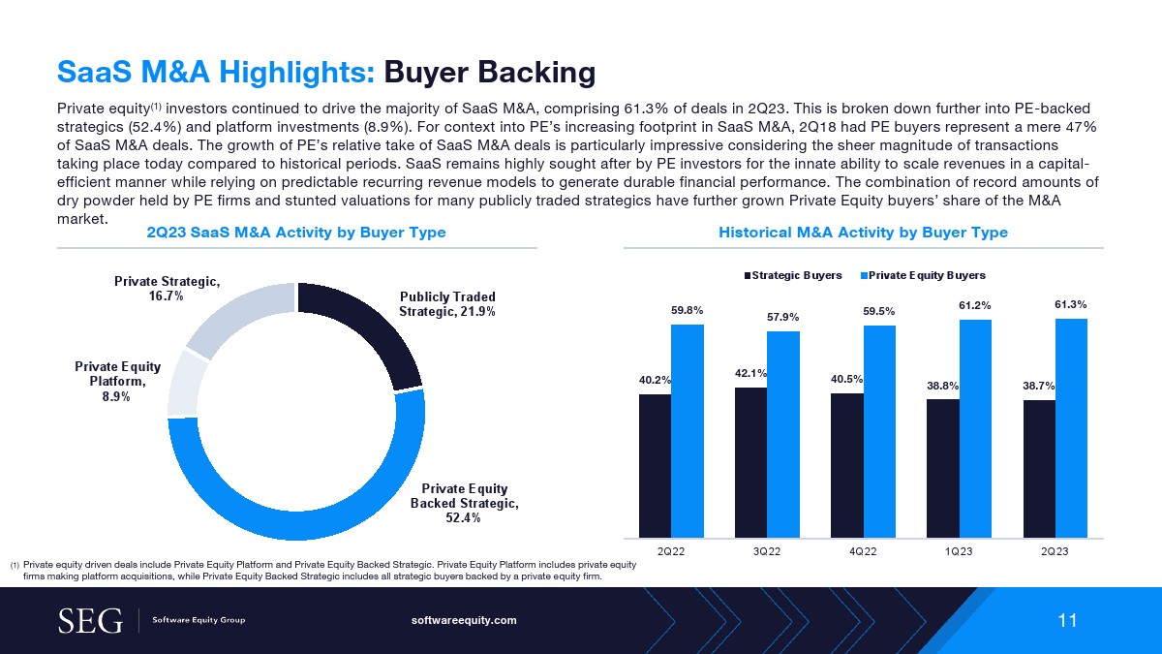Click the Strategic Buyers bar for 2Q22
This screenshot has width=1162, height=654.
pos(655,465)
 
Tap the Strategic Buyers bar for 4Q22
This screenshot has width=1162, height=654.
pos(846,465)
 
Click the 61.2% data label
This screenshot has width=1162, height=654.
pos(975,306)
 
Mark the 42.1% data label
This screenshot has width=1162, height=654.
pos(750,373)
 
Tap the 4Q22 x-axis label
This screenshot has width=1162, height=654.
pos(863,550)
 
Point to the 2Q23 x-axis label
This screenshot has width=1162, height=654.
pos(1055,550)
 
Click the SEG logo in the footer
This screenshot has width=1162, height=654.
pos(90,620)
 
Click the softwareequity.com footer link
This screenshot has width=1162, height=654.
pos(465,620)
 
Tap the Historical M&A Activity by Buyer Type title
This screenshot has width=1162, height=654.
pos(863,233)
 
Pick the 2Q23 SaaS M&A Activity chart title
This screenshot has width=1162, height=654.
pos(295,233)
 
